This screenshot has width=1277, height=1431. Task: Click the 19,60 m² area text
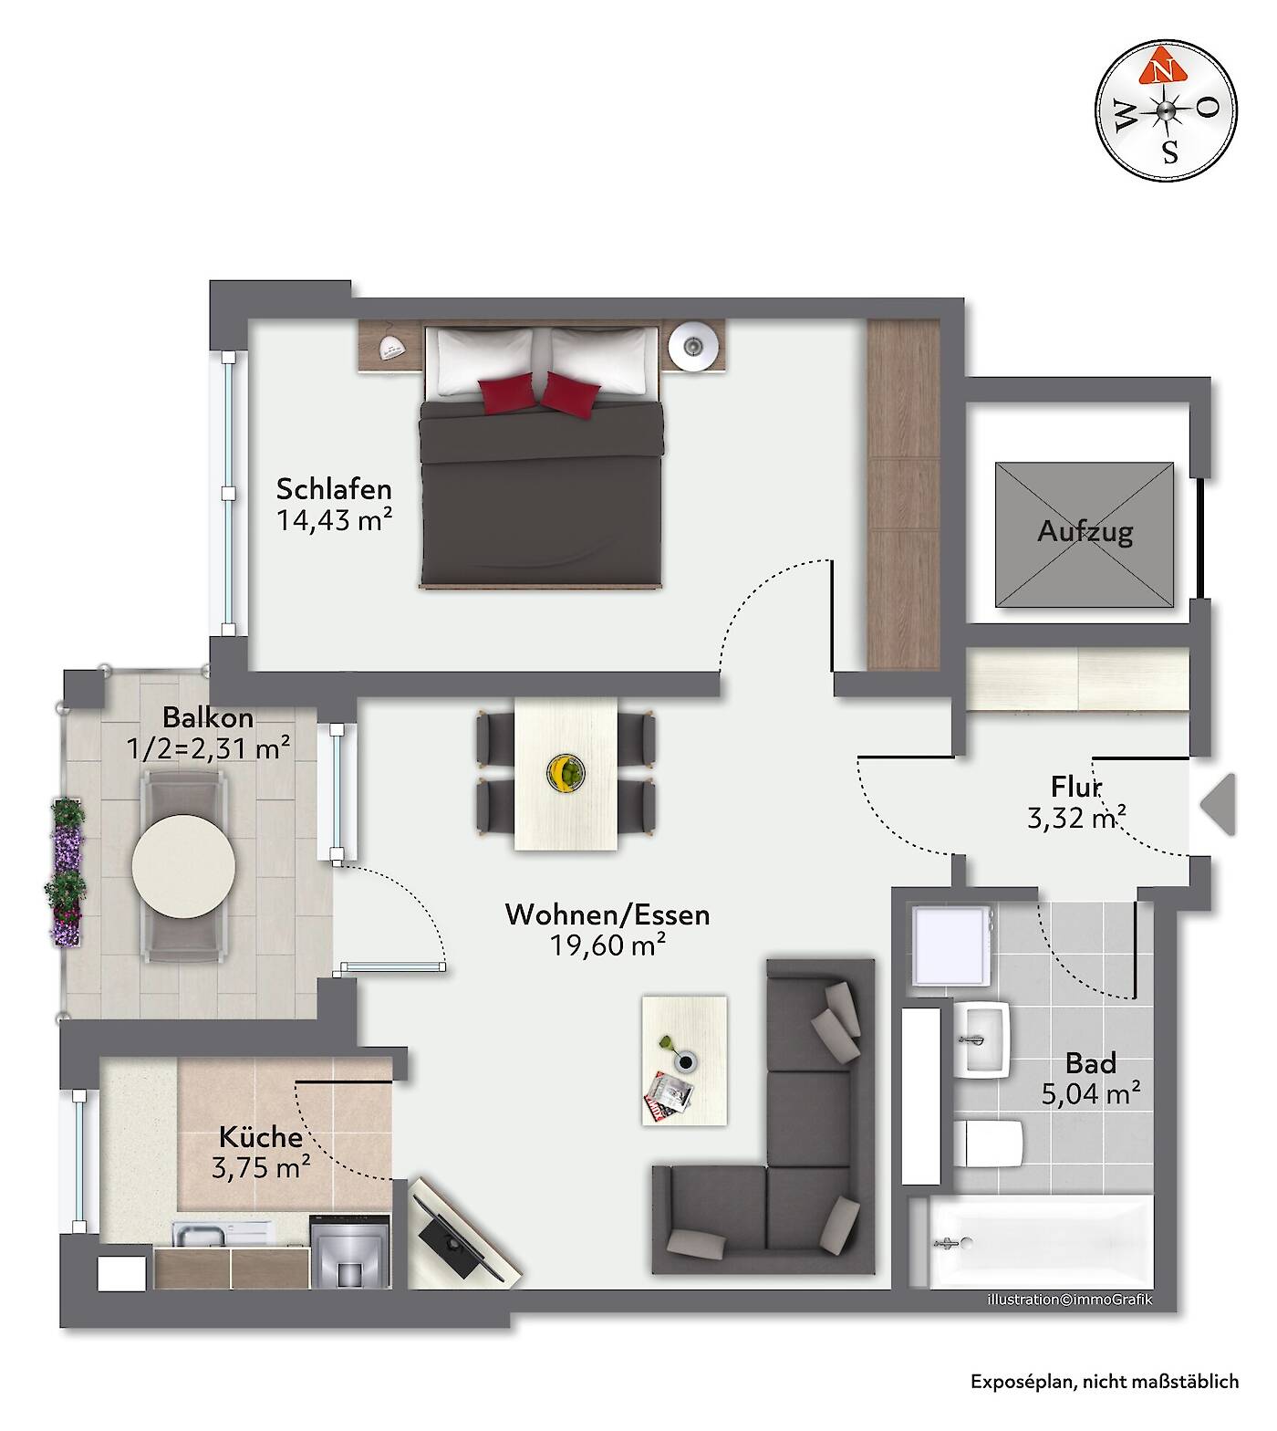click(x=607, y=945)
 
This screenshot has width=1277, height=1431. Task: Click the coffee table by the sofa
click(x=685, y=1060)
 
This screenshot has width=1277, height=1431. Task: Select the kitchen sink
click(x=201, y=1235)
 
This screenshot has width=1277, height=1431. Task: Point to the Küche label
click(x=261, y=1137)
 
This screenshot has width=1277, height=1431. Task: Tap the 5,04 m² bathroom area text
click(x=1091, y=1093)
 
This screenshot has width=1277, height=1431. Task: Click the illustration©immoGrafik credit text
click(x=1070, y=1300)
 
